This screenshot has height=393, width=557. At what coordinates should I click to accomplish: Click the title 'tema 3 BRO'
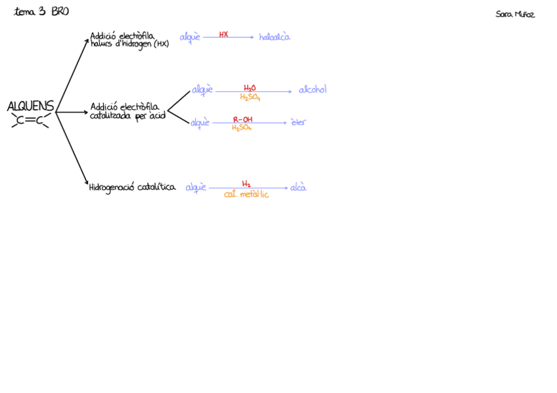(x=41, y=12)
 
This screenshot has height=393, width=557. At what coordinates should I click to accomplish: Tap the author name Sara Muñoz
(x=515, y=14)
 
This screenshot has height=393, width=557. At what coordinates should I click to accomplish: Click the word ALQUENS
(x=30, y=106)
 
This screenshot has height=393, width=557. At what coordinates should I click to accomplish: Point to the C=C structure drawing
(x=30, y=120)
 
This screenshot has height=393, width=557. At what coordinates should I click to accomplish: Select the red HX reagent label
(x=223, y=34)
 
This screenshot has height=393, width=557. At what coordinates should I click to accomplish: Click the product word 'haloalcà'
(x=274, y=37)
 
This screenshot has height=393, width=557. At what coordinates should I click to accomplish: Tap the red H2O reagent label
(x=250, y=88)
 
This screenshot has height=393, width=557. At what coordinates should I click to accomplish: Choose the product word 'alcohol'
(x=313, y=90)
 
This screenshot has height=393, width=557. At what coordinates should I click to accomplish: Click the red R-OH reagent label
(x=242, y=119)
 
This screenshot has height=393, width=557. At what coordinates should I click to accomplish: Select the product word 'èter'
(x=298, y=122)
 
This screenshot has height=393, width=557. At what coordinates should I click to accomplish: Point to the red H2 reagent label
(x=246, y=184)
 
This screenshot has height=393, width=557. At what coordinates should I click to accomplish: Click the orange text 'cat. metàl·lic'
(x=246, y=195)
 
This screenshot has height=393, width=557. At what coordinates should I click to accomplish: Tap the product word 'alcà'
(x=298, y=188)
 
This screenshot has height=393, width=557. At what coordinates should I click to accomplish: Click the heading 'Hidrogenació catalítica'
(x=132, y=188)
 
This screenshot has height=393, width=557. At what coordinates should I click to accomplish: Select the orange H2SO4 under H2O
(x=250, y=98)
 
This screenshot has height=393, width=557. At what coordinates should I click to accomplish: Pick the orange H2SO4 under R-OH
(x=242, y=128)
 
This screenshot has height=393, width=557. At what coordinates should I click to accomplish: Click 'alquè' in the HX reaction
(x=190, y=37)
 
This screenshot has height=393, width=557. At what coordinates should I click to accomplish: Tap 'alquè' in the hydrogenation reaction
(x=196, y=188)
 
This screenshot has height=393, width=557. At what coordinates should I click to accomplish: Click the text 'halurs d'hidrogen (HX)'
(x=129, y=44)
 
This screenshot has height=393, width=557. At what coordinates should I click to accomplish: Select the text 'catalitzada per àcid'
(x=127, y=116)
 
